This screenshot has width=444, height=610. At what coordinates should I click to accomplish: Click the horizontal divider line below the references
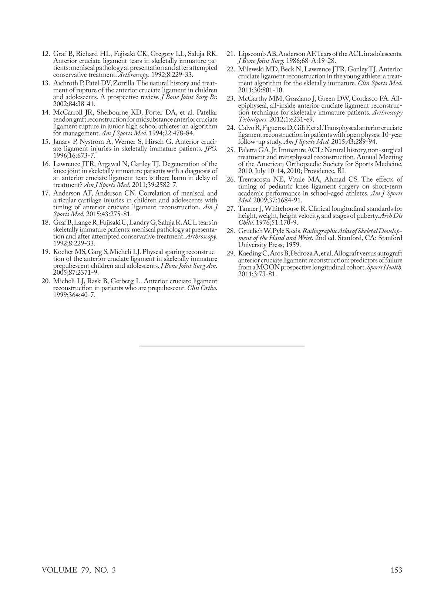click(x=222, y=346)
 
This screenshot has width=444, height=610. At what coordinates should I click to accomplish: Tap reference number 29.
click(x=231, y=254)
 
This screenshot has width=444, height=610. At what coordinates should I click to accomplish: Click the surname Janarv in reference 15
click(x=63, y=142)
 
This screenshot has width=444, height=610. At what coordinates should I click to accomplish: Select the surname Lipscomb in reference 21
click(x=250, y=54)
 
